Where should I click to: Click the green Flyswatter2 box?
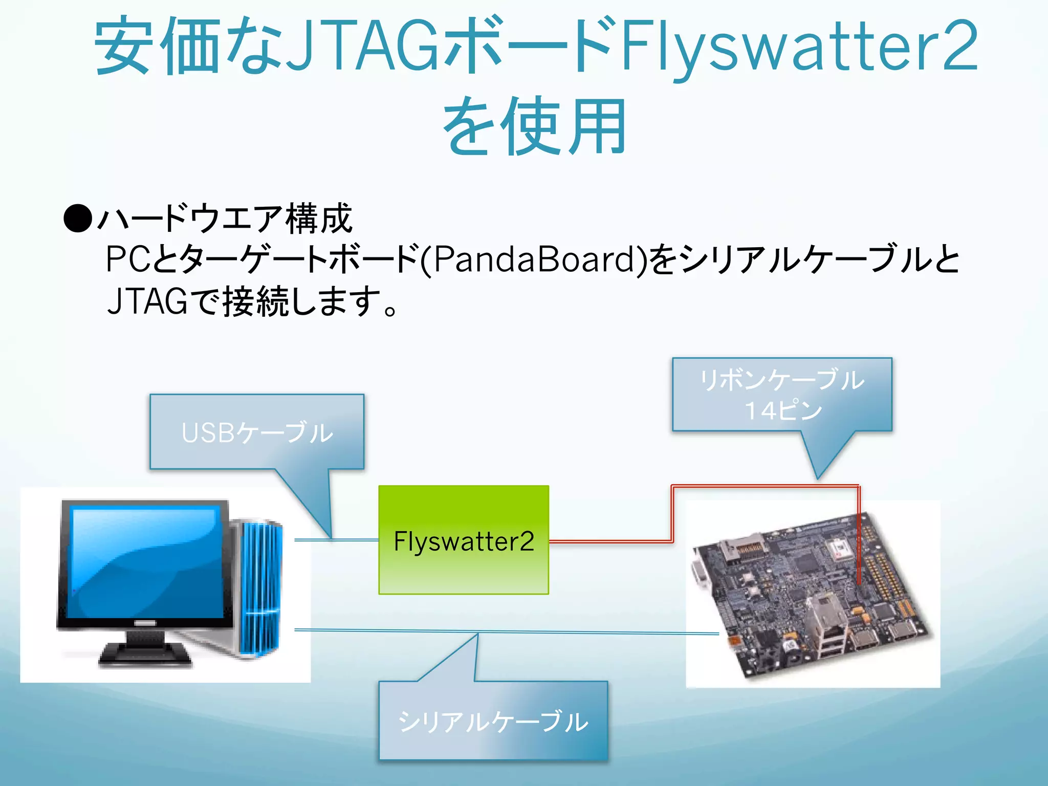click(x=463, y=563)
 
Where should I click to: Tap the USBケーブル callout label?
click(x=257, y=433)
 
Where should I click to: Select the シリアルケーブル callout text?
click(x=493, y=722)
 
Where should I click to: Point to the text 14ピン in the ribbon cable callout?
click(x=783, y=410)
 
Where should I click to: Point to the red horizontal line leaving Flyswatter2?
click(x=609, y=541)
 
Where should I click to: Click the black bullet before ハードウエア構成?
click(x=78, y=219)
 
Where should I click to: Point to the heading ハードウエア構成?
click(x=225, y=219)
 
